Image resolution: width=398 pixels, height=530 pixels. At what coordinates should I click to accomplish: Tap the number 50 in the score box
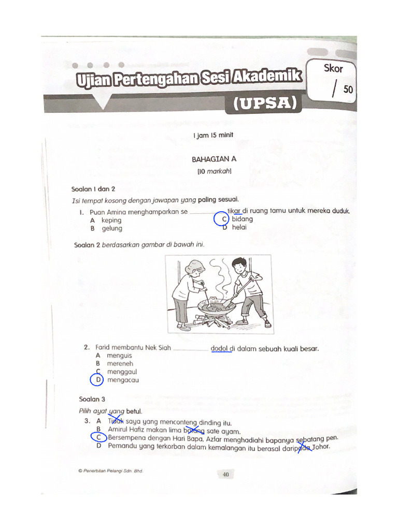(x=348, y=90)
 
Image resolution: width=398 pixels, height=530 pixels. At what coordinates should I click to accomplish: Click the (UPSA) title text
(x=263, y=104)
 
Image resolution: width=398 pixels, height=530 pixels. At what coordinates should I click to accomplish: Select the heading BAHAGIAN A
(x=214, y=160)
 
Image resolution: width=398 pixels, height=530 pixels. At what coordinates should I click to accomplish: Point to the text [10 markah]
(x=214, y=171)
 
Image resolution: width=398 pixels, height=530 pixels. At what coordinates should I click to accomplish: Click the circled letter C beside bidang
(x=222, y=219)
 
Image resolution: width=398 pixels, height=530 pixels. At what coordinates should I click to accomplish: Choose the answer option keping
(x=111, y=220)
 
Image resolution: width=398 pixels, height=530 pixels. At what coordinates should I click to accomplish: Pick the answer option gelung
(x=112, y=228)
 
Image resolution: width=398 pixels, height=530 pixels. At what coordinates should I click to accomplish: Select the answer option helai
(x=239, y=227)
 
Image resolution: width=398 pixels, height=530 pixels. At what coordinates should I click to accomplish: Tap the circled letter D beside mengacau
(x=97, y=380)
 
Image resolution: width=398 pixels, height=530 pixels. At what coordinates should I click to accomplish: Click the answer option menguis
(x=119, y=356)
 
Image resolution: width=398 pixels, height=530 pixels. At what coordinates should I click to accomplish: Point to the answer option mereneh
(x=120, y=364)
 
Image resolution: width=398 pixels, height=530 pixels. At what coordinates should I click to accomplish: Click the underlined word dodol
(x=220, y=348)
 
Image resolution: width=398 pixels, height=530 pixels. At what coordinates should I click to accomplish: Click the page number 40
(x=226, y=474)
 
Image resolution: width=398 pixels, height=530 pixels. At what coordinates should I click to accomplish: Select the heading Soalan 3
(x=92, y=399)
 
